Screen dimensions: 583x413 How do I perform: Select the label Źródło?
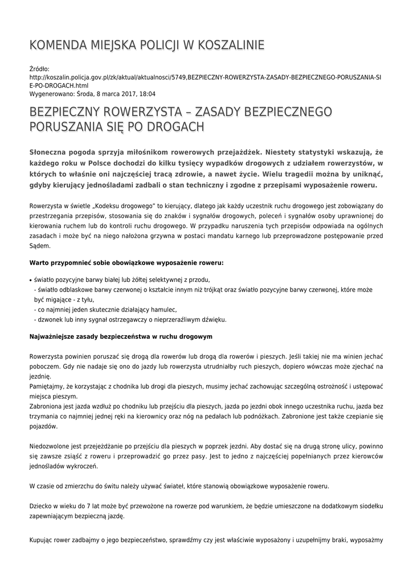pos(39,68)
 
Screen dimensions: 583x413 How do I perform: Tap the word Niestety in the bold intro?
pos(283,153)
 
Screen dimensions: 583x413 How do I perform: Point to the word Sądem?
pos(40,246)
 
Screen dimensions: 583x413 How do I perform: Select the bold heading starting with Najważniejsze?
pos(121,336)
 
